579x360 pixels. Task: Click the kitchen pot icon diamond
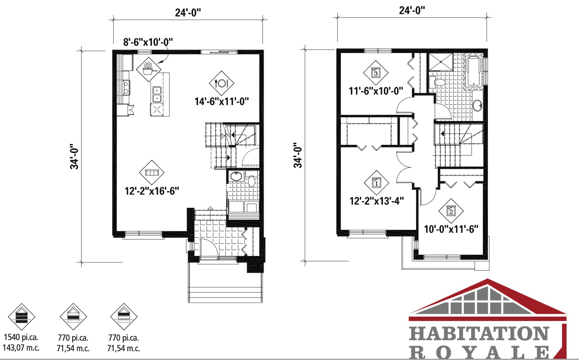click(x=148, y=69)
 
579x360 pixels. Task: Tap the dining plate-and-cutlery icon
click(x=221, y=83)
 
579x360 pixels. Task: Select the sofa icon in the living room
click(x=152, y=172)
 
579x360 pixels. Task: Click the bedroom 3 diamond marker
click(x=375, y=73)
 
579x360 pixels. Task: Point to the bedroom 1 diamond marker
click(x=376, y=183)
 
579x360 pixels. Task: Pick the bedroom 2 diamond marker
click(x=451, y=211)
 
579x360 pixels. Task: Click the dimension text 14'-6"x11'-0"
click(x=222, y=101)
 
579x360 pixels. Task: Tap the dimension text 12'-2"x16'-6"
click(x=152, y=191)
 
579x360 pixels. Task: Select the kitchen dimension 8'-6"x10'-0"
click(x=148, y=42)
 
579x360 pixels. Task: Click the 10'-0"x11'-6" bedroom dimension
click(x=451, y=229)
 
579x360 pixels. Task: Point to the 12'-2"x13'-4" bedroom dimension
click(x=377, y=201)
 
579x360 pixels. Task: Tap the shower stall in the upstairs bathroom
click(x=441, y=62)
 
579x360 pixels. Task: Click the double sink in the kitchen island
click(x=157, y=94)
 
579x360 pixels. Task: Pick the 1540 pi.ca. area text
click(x=21, y=337)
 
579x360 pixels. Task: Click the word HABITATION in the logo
click(x=479, y=334)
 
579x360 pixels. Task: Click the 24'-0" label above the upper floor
click(x=412, y=10)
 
